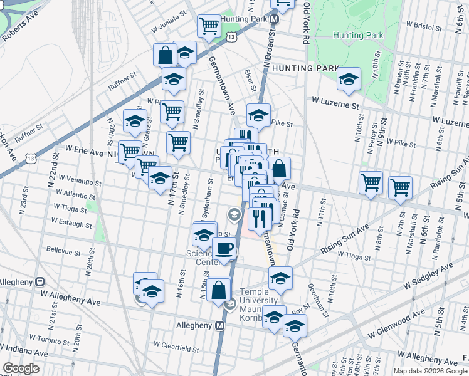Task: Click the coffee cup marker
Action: pos(224,248)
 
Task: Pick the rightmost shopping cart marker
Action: pos(400,186)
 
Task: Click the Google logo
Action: pos(21,368)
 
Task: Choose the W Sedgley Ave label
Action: pos(428,276)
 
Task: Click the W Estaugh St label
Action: pos(71,222)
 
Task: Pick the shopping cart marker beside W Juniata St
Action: pos(208,26)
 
